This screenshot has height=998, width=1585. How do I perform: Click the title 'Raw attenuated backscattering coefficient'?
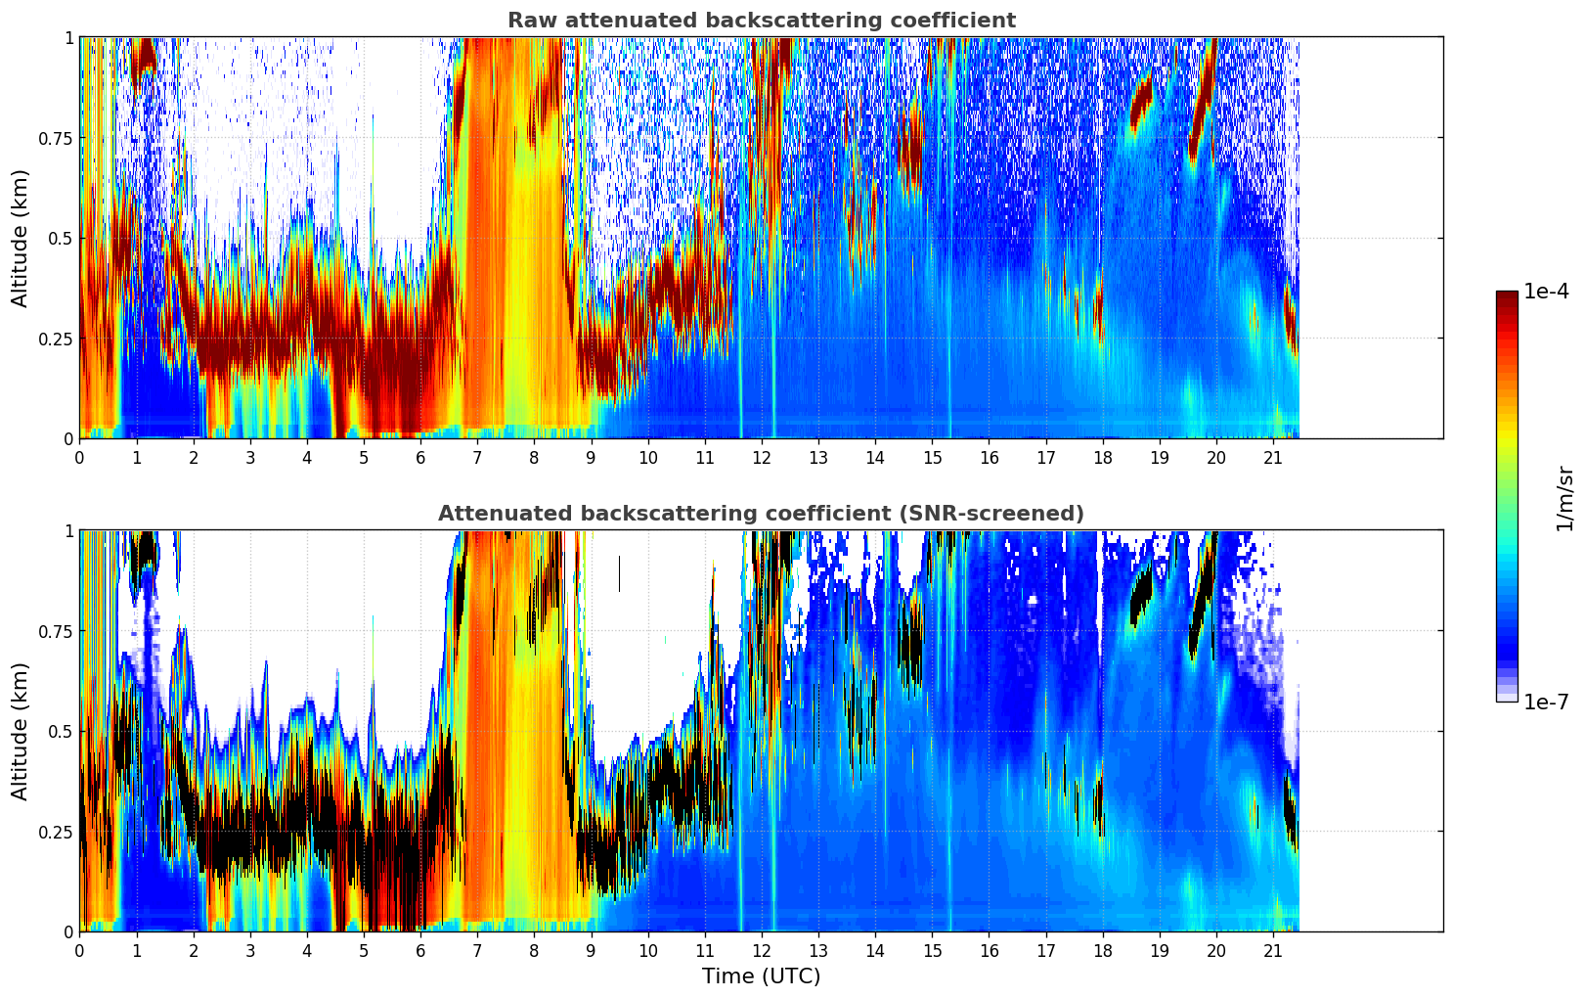(x=761, y=21)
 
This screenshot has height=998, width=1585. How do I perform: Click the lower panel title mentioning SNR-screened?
(x=761, y=514)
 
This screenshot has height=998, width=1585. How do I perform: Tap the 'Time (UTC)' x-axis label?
(x=761, y=976)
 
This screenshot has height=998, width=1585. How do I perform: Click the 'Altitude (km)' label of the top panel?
(x=21, y=238)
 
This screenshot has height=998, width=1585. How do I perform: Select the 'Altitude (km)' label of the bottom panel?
(x=21, y=731)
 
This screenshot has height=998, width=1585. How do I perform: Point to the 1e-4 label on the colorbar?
(x=1546, y=292)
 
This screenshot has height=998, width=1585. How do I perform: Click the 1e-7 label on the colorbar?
(x=1546, y=702)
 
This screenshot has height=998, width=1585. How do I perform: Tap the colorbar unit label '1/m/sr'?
(x=1564, y=498)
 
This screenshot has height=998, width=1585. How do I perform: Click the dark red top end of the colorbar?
(x=1507, y=296)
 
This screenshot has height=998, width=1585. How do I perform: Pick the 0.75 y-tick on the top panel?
(x=57, y=138)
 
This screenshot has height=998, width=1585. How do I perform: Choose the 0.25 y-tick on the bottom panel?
(x=57, y=832)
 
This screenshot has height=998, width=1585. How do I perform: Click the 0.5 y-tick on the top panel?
(x=61, y=238)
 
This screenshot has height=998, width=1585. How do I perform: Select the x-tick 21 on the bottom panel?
(x=1272, y=950)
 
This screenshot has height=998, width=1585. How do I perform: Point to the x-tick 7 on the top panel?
(x=477, y=457)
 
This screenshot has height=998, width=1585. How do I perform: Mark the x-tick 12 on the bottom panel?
(x=761, y=950)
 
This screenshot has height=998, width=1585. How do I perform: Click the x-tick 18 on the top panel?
(x=1102, y=457)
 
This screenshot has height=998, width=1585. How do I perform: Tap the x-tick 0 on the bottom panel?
(x=79, y=950)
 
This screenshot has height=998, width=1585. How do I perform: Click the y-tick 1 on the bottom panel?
(x=68, y=530)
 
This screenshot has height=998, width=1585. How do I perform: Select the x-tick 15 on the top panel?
(x=932, y=457)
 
